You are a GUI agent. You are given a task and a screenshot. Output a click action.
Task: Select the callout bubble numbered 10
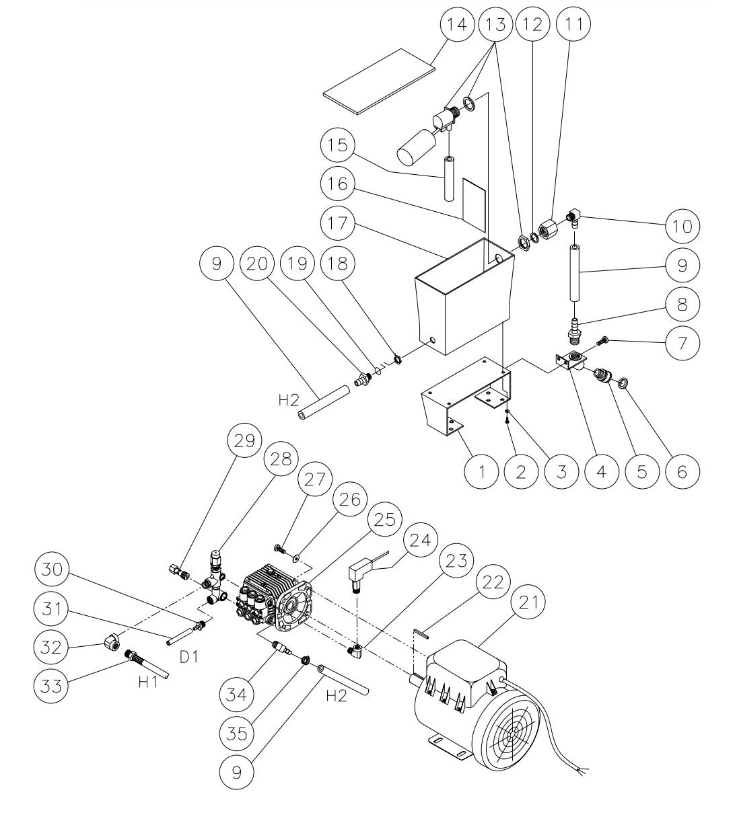(682, 225)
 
